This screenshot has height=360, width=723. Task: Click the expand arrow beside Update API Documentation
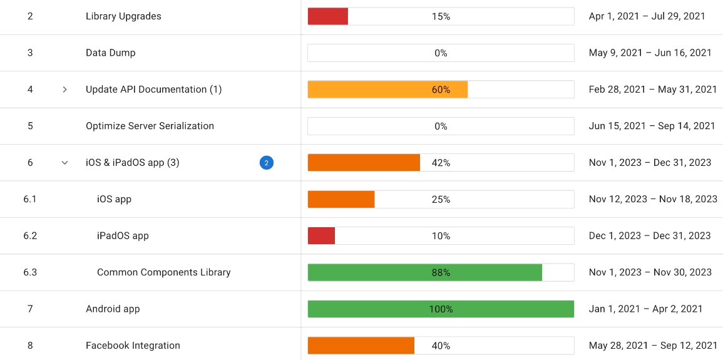pos(64,90)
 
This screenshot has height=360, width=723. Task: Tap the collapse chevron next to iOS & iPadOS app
pos(64,163)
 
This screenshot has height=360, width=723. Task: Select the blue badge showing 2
pos(267,163)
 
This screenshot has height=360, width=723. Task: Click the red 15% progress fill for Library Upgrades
pos(327,16)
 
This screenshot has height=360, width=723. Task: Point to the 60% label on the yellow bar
pos(441,90)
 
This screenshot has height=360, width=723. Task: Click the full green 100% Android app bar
pos(441,309)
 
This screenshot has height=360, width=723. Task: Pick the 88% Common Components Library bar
pos(424,272)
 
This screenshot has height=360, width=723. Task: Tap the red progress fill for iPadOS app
pos(321,236)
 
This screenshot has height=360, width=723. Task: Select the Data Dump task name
pos(110,53)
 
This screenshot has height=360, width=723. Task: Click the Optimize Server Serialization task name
pos(150,126)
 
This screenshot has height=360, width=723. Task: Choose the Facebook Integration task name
pos(133,346)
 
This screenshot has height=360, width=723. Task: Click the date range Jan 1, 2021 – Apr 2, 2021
pos(645,309)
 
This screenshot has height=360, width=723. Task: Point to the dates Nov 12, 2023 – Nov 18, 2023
pos(653,199)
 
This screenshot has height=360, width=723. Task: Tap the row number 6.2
pos(30,236)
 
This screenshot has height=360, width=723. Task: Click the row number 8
pos(30,346)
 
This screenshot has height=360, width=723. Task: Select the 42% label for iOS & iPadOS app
pos(441,163)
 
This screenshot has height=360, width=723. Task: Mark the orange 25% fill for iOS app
pos(341,199)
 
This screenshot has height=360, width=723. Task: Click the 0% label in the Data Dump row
pos(441,53)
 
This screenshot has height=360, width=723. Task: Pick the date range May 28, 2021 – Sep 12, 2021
pos(653,346)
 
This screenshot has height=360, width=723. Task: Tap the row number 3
pos(30,53)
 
